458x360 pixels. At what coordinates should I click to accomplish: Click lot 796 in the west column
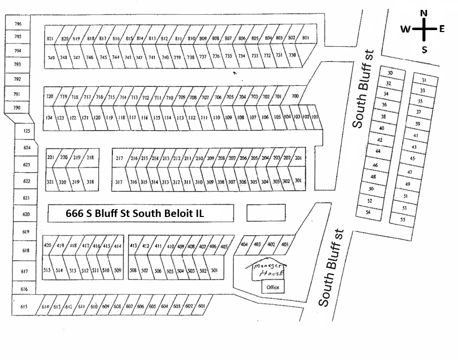point(18,24)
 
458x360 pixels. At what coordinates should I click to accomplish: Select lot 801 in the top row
point(305,38)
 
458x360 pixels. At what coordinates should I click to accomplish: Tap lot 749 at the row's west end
point(51,58)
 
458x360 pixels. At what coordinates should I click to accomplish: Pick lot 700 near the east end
point(295,96)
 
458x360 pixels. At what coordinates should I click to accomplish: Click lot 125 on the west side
point(27,131)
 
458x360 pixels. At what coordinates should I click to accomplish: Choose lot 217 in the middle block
point(119,158)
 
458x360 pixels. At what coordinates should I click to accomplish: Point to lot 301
point(298,181)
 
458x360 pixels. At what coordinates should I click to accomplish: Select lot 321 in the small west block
point(50,182)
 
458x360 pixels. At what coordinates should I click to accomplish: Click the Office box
point(272,287)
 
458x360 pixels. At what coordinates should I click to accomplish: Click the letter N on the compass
point(423,13)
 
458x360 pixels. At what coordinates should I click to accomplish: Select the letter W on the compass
point(405,30)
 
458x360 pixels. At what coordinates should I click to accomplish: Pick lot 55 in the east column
point(403,219)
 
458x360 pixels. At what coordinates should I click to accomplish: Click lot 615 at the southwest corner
point(23,307)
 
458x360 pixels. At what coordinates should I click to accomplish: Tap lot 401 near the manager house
point(285,244)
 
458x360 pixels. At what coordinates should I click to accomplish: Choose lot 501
point(214,270)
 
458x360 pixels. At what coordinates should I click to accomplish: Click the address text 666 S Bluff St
point(135,214)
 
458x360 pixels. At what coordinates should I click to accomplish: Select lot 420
point(48,245)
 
